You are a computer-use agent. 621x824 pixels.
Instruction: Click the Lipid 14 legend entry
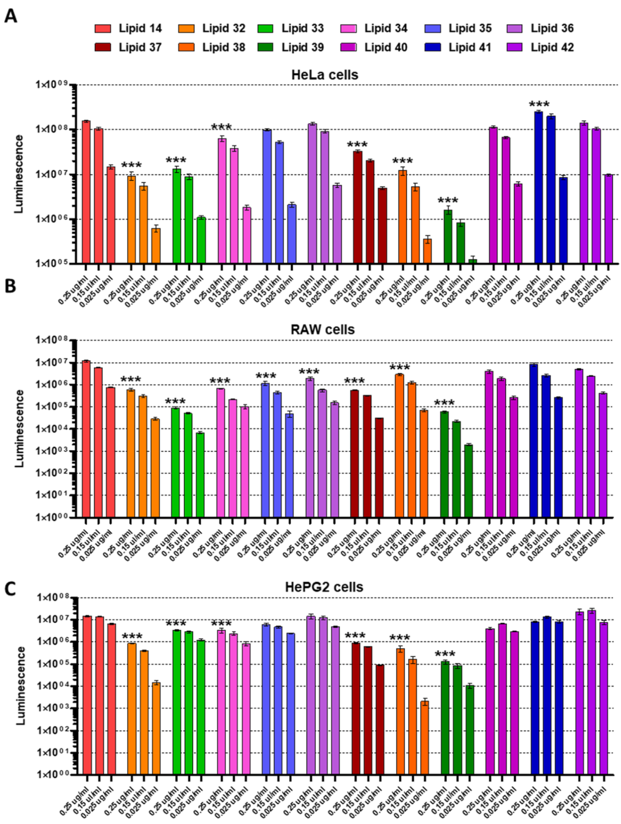point(128,28)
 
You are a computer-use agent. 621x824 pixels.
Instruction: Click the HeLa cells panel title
point(324,75)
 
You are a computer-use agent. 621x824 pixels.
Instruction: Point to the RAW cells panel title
point(323,329)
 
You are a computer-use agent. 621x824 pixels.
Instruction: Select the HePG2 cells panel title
point(324,587)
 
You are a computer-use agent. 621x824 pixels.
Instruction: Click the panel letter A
point(10,16)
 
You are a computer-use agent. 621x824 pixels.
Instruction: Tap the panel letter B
point(10,286)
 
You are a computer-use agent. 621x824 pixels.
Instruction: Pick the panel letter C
point(10,589)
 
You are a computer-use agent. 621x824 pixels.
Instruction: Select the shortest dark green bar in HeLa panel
point(473,261)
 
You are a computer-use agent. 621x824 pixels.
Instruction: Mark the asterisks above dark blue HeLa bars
point(539,104)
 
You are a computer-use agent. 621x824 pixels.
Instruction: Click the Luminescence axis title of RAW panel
point(19,428)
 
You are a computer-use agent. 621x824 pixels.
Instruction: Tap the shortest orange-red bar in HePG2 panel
point(424,738)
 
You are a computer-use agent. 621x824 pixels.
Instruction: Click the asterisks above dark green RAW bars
point(444,403)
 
